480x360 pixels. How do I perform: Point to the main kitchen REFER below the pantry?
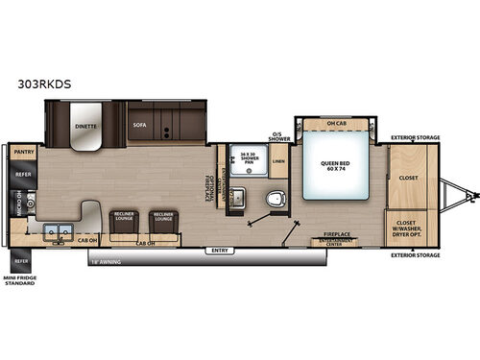(x=21, y=175)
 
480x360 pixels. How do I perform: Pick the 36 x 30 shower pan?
(x=242, y=157)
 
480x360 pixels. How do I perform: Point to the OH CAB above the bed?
(x=337, y=125)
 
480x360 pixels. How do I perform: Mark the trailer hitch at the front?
(x=468, y=196)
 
